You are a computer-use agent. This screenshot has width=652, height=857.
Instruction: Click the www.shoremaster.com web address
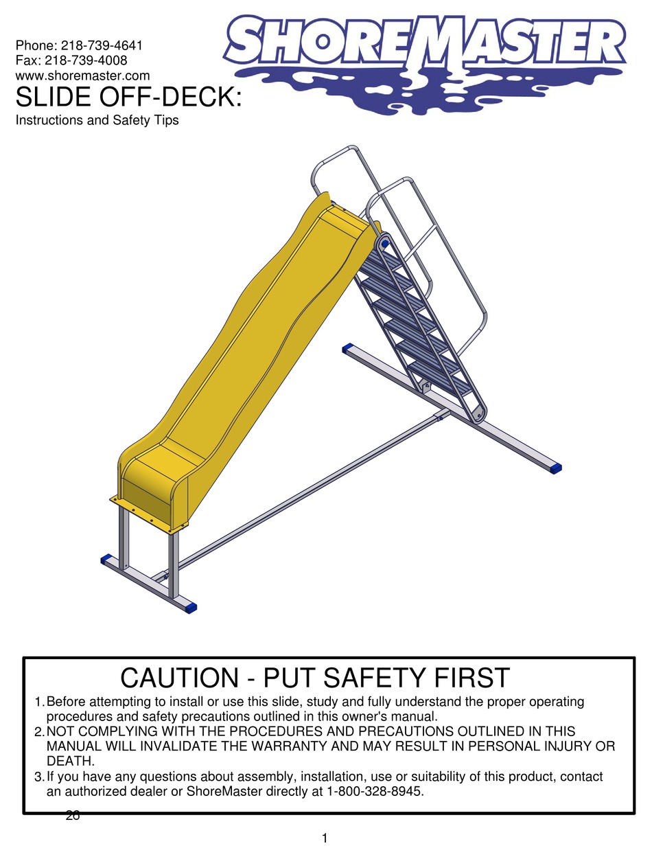(x=82, y=75)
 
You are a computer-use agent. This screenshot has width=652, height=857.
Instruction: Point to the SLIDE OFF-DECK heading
(x=129, y=98)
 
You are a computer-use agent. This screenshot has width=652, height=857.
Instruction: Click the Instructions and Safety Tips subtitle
(x=97, y=121)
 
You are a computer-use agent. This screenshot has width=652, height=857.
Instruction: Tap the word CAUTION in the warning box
(x=177, y=678)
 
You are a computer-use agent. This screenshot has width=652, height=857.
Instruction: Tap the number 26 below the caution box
(x=73, y=816)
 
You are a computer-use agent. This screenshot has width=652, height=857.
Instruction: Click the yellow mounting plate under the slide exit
(x=148, y=514)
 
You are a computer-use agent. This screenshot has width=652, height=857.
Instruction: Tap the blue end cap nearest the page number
(x=191, y=607)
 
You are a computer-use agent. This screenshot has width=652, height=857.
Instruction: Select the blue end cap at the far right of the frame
(x=555, y=468)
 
